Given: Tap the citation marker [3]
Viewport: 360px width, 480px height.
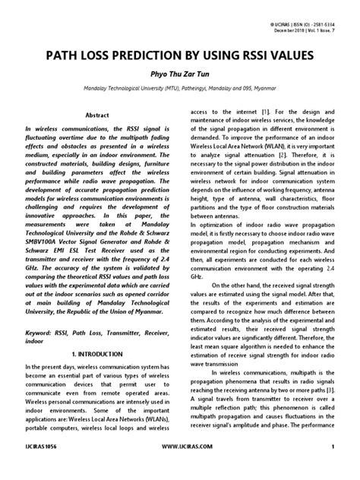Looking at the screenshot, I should (x=331, y=411).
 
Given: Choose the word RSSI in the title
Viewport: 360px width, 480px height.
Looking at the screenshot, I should (x=262, y=55).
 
